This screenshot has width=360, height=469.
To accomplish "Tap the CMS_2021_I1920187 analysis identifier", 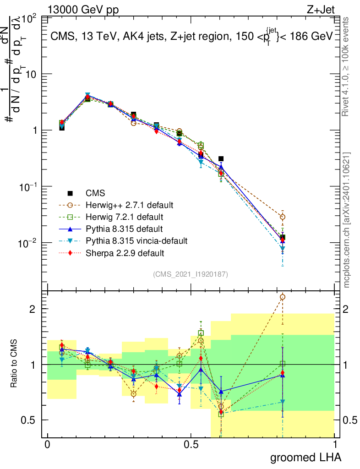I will click(x=191, y=274).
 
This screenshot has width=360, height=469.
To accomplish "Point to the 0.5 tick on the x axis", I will click(x=191, y=445).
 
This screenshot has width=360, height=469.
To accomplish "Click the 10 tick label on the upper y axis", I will click(x=33, y=74).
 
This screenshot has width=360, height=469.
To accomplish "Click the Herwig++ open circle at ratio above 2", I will click(x=283, y=297).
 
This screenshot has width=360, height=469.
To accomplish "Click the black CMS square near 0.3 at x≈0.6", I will click(x=221, y=159).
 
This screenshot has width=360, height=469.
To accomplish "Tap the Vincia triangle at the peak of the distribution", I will click(x=87, y=95).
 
